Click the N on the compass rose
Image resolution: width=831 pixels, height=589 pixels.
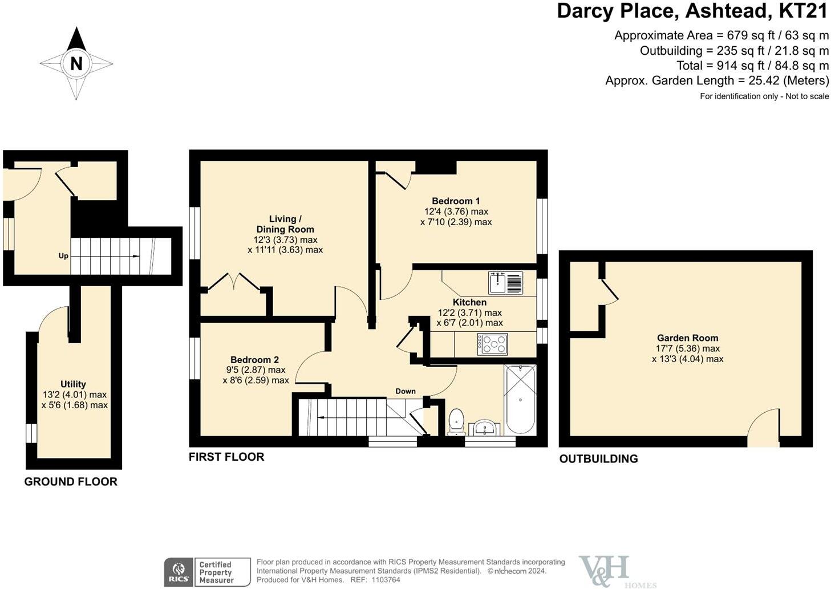[x=76, y=64]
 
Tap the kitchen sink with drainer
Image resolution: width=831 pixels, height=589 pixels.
[x=506, y=283]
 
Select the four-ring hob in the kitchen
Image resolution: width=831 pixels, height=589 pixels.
[x=492, y=344]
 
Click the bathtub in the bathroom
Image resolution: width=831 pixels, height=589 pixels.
[x=520, y=399]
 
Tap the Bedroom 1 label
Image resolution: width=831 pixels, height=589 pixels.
[x=456, y=201]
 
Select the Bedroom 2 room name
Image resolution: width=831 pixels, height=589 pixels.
[x=254, y=359]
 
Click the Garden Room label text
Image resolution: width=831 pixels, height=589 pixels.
[x=687, y=338]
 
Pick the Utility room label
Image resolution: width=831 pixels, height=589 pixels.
[x=73, y=384]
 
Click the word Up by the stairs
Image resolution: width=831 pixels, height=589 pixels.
[x=63, y=256]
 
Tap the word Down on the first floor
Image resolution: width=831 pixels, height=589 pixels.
[x=406, y=391]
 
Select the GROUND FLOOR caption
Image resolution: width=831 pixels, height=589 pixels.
[x=71, y=481]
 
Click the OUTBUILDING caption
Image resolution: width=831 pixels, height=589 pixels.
[x=599, y=459]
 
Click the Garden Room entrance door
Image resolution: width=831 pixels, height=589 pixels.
[x=763, y=427]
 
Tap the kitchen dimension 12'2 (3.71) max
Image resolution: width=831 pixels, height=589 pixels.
[x=469, y=312]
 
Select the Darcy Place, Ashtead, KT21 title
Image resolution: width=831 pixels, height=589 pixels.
[x=692, y=11]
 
